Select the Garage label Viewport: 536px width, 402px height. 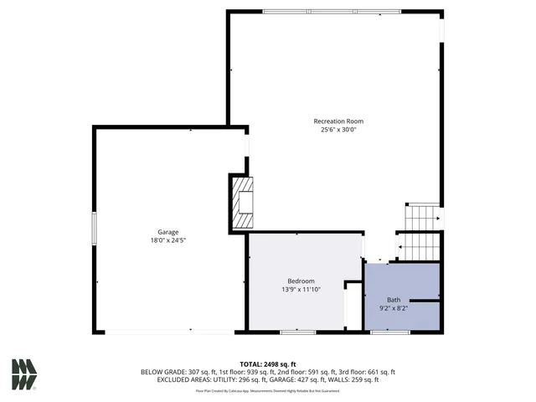[x=168, y=232]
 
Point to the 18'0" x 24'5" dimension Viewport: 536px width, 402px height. [x=168, y=240]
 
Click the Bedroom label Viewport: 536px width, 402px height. [x=301, y=281]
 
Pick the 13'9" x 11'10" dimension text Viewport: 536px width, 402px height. [x=301, y=289]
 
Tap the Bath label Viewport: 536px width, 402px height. [x=393, y=300]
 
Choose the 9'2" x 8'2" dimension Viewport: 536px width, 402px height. [x=393, y=308]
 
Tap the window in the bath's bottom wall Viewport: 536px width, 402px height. [x=384, y=332]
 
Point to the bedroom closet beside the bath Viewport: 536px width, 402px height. [x=353, y=303]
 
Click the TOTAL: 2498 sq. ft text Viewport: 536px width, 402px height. [x=267, y=364]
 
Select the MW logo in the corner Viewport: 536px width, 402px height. [x=23, y=374]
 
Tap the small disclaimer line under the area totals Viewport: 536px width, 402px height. [x=267, y=390]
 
